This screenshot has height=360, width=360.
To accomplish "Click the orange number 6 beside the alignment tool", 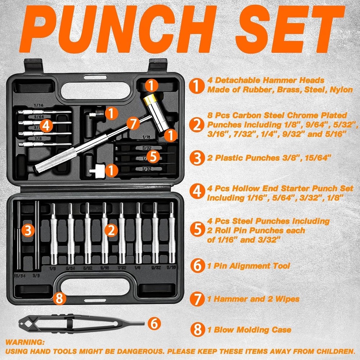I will click(154, 323).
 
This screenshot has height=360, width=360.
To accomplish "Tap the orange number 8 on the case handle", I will click(60, 298).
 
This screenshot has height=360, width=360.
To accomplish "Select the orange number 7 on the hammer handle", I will click(133, 123).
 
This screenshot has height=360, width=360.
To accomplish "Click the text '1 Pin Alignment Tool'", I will click(248, 266).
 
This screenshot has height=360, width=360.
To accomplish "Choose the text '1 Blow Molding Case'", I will click(249, 329).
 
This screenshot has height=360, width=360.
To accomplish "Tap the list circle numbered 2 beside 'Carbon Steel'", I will click(197, 125).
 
